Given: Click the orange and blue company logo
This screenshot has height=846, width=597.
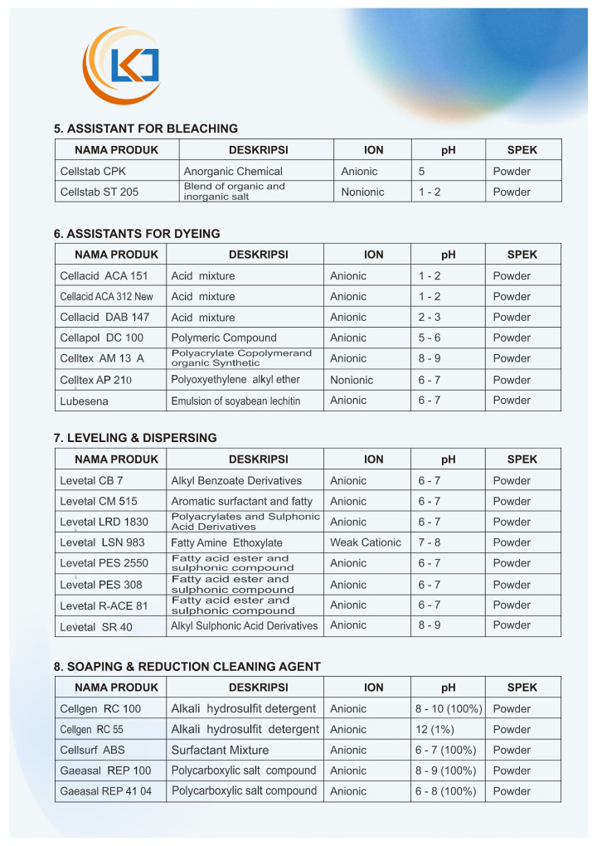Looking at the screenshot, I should pos(121,66).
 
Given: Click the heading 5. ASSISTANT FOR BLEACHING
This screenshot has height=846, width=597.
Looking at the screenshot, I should pos(146,129).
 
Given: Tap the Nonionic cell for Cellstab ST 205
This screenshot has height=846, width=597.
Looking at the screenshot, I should pos(363,192).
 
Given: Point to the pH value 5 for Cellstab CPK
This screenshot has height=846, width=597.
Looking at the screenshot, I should pos(422,172).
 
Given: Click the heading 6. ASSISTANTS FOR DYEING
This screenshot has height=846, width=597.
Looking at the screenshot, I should pos(137,234).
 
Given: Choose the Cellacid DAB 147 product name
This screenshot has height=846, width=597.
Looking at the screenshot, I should pos(104,318).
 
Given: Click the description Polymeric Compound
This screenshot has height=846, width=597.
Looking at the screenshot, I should pos(224,338).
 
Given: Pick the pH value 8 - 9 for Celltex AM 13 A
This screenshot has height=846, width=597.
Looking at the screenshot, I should pos(430,359).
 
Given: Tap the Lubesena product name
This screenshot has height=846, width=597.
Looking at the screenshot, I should pos(85,401).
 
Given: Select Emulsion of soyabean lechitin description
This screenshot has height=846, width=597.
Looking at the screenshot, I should pos(235,401).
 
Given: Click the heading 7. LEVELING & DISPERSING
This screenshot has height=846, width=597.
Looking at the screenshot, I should pos(135,438).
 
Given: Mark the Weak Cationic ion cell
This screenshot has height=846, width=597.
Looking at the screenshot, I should pos(366,542).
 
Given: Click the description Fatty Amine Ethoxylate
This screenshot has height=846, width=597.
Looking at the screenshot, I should pos(226,542).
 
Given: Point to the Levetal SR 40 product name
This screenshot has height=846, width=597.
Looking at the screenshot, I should pos(96,626).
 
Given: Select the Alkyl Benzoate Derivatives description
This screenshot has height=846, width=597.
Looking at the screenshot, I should pos(236,481).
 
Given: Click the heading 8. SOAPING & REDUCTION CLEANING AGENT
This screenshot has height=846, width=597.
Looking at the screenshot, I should pos(187,667).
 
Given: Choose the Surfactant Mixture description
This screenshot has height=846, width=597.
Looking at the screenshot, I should pos(220,751).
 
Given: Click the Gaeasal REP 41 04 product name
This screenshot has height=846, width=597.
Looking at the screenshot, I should pos(106,792).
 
